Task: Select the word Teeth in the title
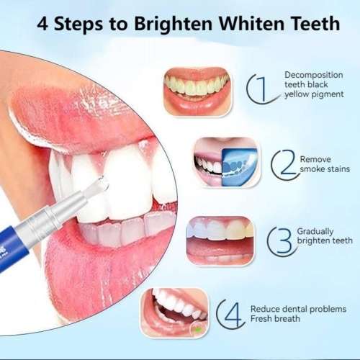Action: [312, 23]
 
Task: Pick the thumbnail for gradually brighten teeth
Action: [220, 240]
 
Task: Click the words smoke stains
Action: [323, 169]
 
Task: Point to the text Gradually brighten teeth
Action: [324, 235]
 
